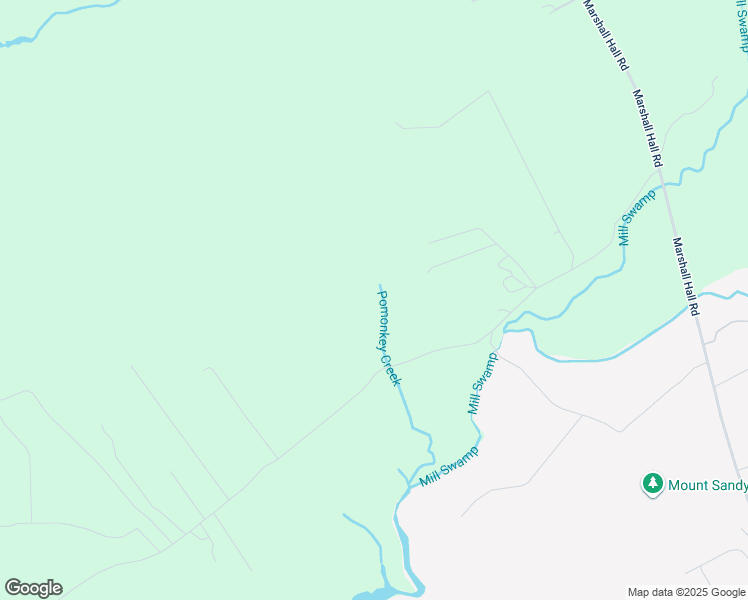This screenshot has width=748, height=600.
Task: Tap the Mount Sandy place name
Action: coord(707,485)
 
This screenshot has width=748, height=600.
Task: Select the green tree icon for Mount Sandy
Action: coord(652,484)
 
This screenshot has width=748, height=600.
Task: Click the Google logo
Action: coord(33,588)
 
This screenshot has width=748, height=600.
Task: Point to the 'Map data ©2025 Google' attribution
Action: coord(686,592)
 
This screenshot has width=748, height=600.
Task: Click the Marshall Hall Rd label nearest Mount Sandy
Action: coord(686,277)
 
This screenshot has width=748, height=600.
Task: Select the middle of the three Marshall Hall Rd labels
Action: coord(647,128)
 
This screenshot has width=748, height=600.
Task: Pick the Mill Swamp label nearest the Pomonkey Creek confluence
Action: coord(449,466)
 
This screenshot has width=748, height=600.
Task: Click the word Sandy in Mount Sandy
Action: coord(727,485)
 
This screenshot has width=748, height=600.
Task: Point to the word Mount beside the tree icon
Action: coord(687,485)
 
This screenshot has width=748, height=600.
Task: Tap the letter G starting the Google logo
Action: coord(13,587)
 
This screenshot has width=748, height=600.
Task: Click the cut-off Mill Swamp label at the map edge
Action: coord(741,25)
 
